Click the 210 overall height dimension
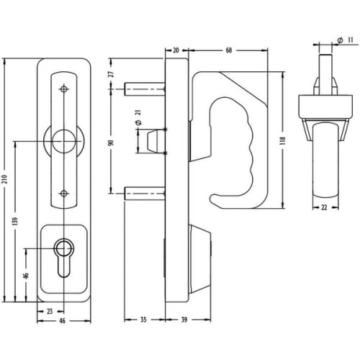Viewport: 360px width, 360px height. (x=6, y=179)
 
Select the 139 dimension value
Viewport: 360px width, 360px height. (x=15, y=221)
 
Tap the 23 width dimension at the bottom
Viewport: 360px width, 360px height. (x=50, y=312)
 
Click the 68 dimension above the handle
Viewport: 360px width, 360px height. (x=229, y=50)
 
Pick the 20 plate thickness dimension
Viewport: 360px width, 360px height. (x=176, y=50)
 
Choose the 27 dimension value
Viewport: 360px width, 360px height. (x=112, y=73)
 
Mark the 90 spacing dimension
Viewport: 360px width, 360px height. (x=111, y=143)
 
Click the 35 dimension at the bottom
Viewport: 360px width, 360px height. (x=143, y=320)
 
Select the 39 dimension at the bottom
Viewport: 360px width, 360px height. (x=184, y=320)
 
